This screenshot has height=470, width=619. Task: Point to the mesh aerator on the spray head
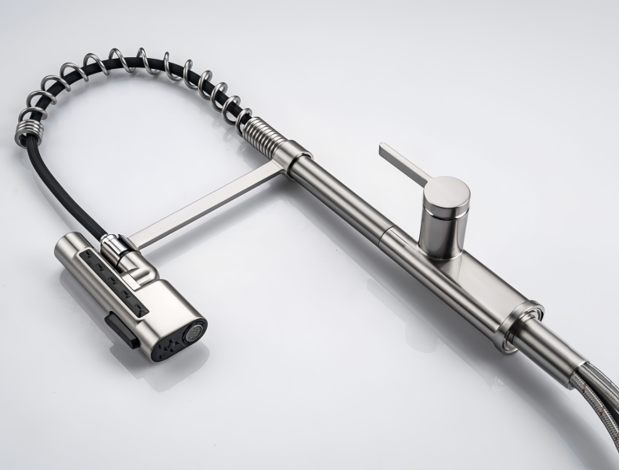(190, 332)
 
